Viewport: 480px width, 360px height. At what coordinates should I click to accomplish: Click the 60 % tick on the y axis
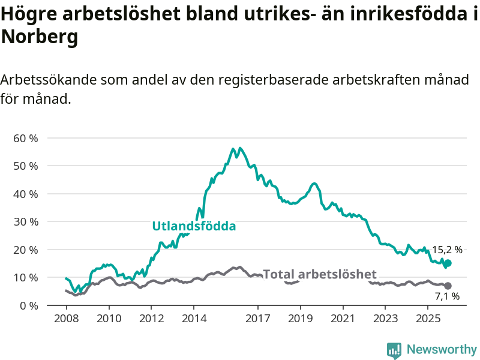[x=25, y=138]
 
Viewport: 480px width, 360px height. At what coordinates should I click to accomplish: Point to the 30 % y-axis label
[x=25, y=221]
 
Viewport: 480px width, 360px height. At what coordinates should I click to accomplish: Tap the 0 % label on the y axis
[x=28, y=305]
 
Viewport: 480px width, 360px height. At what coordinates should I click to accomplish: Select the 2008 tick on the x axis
[x=65, y=317]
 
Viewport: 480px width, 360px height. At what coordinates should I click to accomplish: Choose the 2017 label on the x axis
[x=257, y=317]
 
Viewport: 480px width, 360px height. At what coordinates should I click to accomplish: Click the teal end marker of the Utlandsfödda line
[x=448, y=263]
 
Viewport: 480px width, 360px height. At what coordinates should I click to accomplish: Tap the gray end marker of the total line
[x=448, y=286]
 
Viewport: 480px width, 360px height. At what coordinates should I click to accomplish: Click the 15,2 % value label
[x=447, y=250]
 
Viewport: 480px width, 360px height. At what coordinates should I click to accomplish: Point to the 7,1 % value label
[x=447, y=296]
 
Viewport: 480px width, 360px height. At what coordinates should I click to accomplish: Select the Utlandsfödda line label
[x=194, y=226]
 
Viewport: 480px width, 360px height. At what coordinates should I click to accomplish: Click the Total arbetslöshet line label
[x=320, y=274]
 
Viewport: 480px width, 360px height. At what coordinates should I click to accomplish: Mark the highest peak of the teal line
[x=233, y=148]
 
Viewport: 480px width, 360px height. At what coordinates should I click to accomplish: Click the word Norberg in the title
[x=40, y=37]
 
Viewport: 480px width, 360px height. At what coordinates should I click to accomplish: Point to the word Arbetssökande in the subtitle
[x=49, y=80]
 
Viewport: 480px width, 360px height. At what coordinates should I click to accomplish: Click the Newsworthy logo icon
[x=394, y=350]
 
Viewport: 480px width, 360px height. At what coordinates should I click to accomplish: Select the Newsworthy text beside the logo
[x=442, y=349]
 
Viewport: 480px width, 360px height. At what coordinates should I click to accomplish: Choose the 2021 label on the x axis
[x=343, y=317]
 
